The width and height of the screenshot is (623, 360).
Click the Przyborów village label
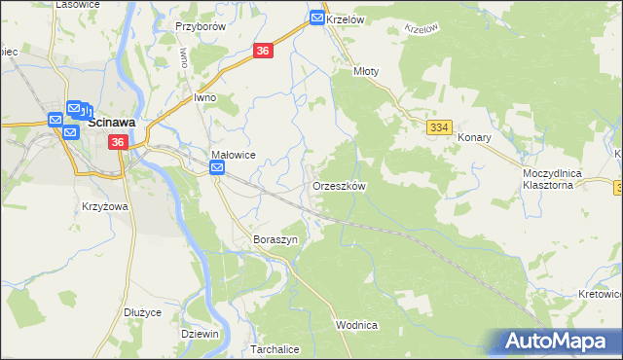click(x=200, y=27)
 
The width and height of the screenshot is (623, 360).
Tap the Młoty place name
click(x=366, y=71)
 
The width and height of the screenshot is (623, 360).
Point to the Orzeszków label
click(x=338, y=185)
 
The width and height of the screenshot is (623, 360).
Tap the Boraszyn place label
click(x=274, y=238)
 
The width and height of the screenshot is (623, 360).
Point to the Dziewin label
click(x=200, y=333)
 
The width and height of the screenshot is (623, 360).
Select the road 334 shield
click(x=439, y=127)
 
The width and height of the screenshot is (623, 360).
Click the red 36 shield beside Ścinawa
click(x=118, y=142)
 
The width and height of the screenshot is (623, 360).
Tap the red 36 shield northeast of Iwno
click(x=263, y=52)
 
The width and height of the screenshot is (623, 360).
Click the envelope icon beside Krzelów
click(x=317, y=18)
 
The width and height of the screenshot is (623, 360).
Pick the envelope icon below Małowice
click(x=217, y=169)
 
